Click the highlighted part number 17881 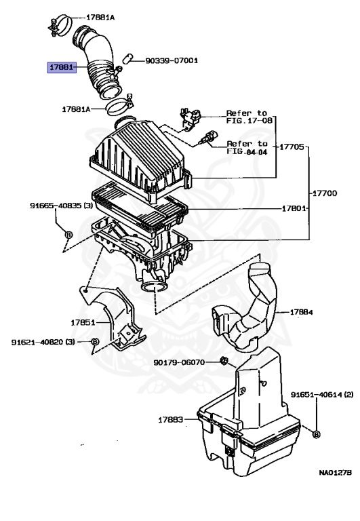[61, 68]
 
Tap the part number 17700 [324, 193]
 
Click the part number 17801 [296, 208]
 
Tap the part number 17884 [301, 313]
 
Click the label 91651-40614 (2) [322, 394]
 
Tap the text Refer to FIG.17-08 [247, 117]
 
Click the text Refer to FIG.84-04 [247, 147]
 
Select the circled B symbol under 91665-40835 [68, 235]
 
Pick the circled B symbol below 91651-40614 [317, 433]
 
